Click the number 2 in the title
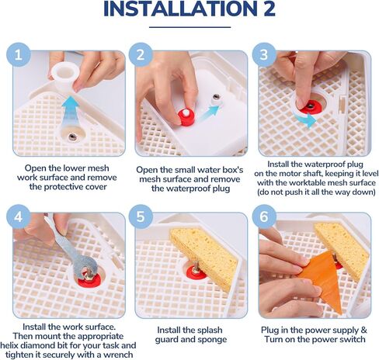coord(266,9)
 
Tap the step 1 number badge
coord(19,55)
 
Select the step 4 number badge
coord(19,216)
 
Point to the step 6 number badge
coord(264,216)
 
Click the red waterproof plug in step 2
coord(186,116)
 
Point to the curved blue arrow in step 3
coord(306,119)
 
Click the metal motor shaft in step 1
coord(72,137)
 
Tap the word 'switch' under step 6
coord(351,339)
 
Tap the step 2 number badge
coord(141,55)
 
